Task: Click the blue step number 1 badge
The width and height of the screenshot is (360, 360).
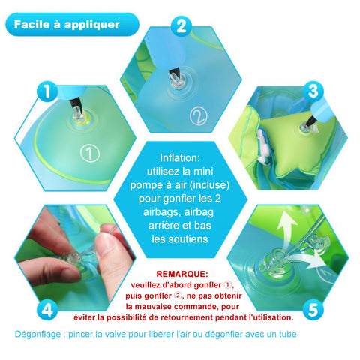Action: click(x=47, y=91)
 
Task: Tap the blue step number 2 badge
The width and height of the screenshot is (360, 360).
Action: click(x=181, y=26)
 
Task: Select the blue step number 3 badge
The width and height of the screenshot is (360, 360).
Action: click(x=313, y=91)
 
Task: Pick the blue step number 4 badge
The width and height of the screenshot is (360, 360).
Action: click(x=47, y=309)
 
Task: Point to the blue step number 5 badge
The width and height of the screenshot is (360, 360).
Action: click(x=313, y=309)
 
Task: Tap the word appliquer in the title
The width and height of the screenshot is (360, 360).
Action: click(x=92, y=25)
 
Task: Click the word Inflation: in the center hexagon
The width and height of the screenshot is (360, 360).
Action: click(x=180, y=158)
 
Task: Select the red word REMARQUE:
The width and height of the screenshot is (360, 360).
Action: click(x=182, y=274)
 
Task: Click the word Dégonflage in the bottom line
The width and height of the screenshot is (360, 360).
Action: click(x=37, y=334)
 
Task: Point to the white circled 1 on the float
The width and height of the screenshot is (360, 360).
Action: click(x=90, y=153)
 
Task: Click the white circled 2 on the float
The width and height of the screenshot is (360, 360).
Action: click(x=199, y=116)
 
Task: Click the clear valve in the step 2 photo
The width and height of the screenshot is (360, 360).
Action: click(x=176, y=82)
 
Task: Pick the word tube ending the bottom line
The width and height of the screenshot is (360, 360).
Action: click(x=287, y=334)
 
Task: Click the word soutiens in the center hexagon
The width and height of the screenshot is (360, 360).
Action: click(x=192, y=239)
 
